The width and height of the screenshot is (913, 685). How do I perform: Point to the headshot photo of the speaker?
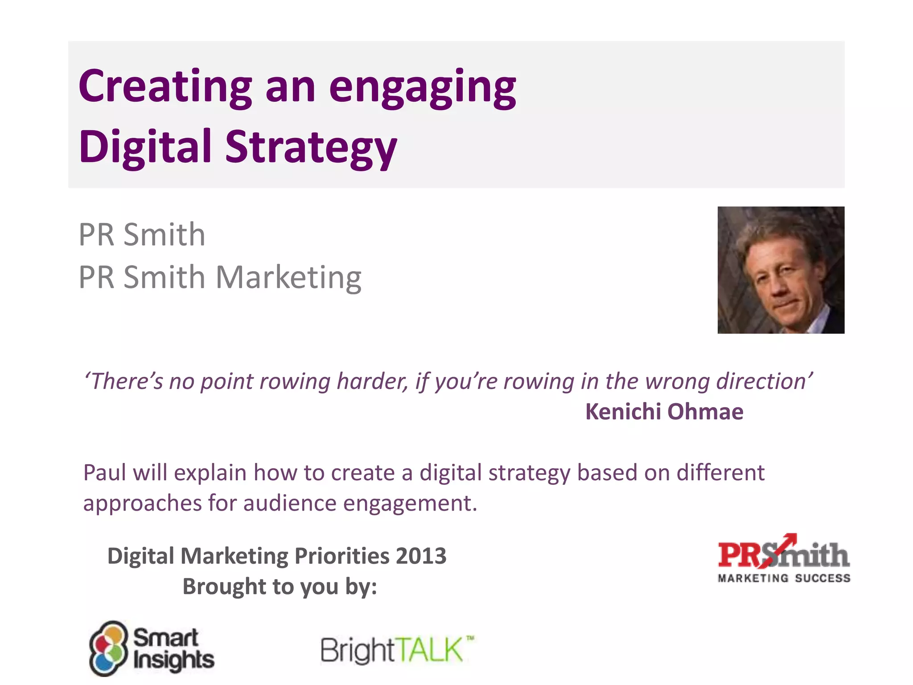coord(781,270)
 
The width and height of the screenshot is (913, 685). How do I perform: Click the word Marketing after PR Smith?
coord(288,278)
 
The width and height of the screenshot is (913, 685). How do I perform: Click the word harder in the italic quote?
coord(372,382)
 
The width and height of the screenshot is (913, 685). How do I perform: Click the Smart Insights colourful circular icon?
coord(108,648)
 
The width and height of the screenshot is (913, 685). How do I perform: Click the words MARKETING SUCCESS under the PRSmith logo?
coord(784,578)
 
